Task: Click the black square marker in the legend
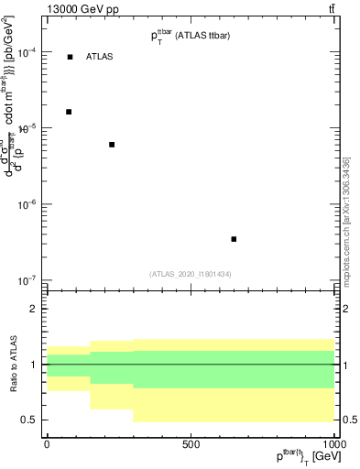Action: pyautogui.click(x=70, y=57)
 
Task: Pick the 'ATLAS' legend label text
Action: pyautogui.click(x=100, y=57)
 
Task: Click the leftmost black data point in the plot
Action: pyautogui.click(x=69, y=112)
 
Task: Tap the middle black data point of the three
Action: pyautogui.click(x=112, y=145)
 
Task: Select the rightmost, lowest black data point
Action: pyautogui.click(x=234, y=239)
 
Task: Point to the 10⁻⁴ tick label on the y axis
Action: pyautogui.click(x=28, y=53)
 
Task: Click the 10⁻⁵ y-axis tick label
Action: pyautogui.click(x=28, y=129)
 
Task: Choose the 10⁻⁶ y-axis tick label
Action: pyautogui.click(x=28, y=204)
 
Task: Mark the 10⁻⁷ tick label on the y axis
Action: pyautogui.click(x=28, y=280)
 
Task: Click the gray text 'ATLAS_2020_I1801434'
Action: pyautogui.click(x=191, y=274)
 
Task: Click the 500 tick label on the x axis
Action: pyautogui.click(x=191, y=444)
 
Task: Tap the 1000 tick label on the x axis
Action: pyautogui.click(x=333, y=444)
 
